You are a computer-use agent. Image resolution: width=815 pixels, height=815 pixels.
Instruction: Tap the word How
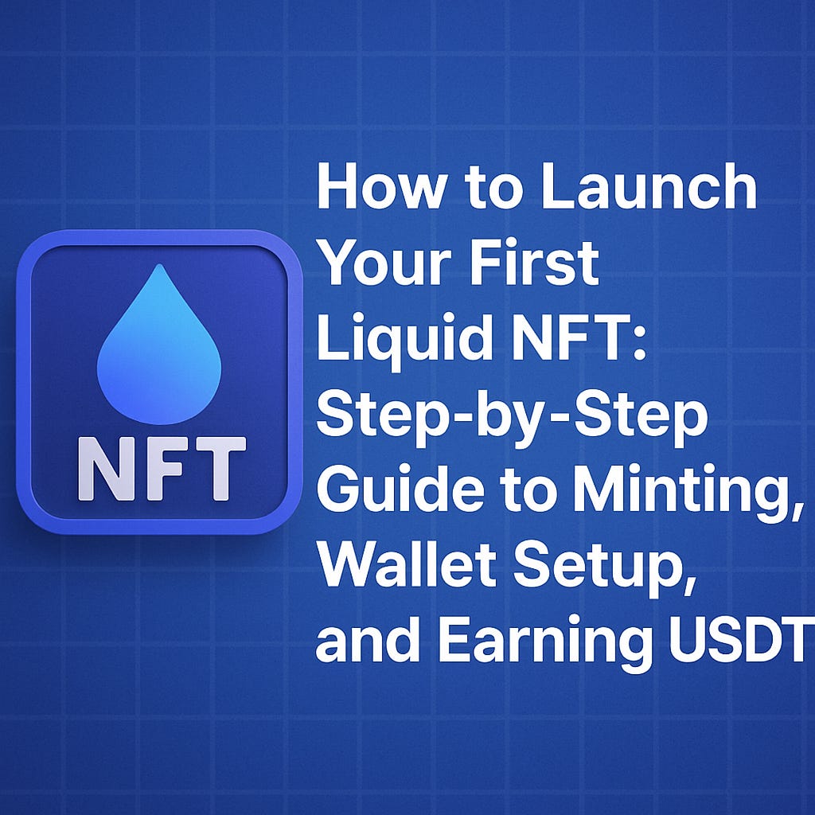[369, 189]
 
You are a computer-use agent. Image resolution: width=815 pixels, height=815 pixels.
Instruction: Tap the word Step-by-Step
[512, 416]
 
